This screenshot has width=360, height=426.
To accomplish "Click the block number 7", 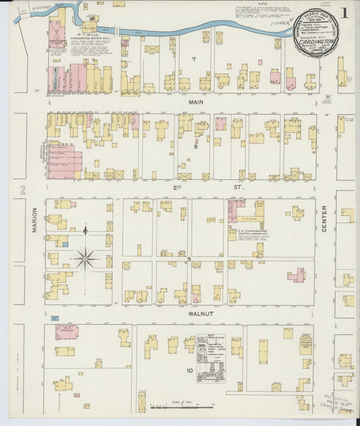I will click(193, 59).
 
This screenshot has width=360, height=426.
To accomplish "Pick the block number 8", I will click(196, 146).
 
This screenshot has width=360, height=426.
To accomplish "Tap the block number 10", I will click(190, 370).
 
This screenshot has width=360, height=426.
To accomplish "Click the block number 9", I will click(190, 259).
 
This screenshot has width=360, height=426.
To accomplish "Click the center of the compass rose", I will click(86, 257).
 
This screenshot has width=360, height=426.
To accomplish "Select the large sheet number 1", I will click(344, 13).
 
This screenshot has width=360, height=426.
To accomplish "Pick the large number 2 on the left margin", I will click(22, 189).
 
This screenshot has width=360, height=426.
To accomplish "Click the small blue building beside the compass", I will click(64, 244).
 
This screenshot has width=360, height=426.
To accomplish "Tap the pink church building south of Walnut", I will click(66, 332).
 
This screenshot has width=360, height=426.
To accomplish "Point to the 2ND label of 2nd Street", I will click(177, 186).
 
